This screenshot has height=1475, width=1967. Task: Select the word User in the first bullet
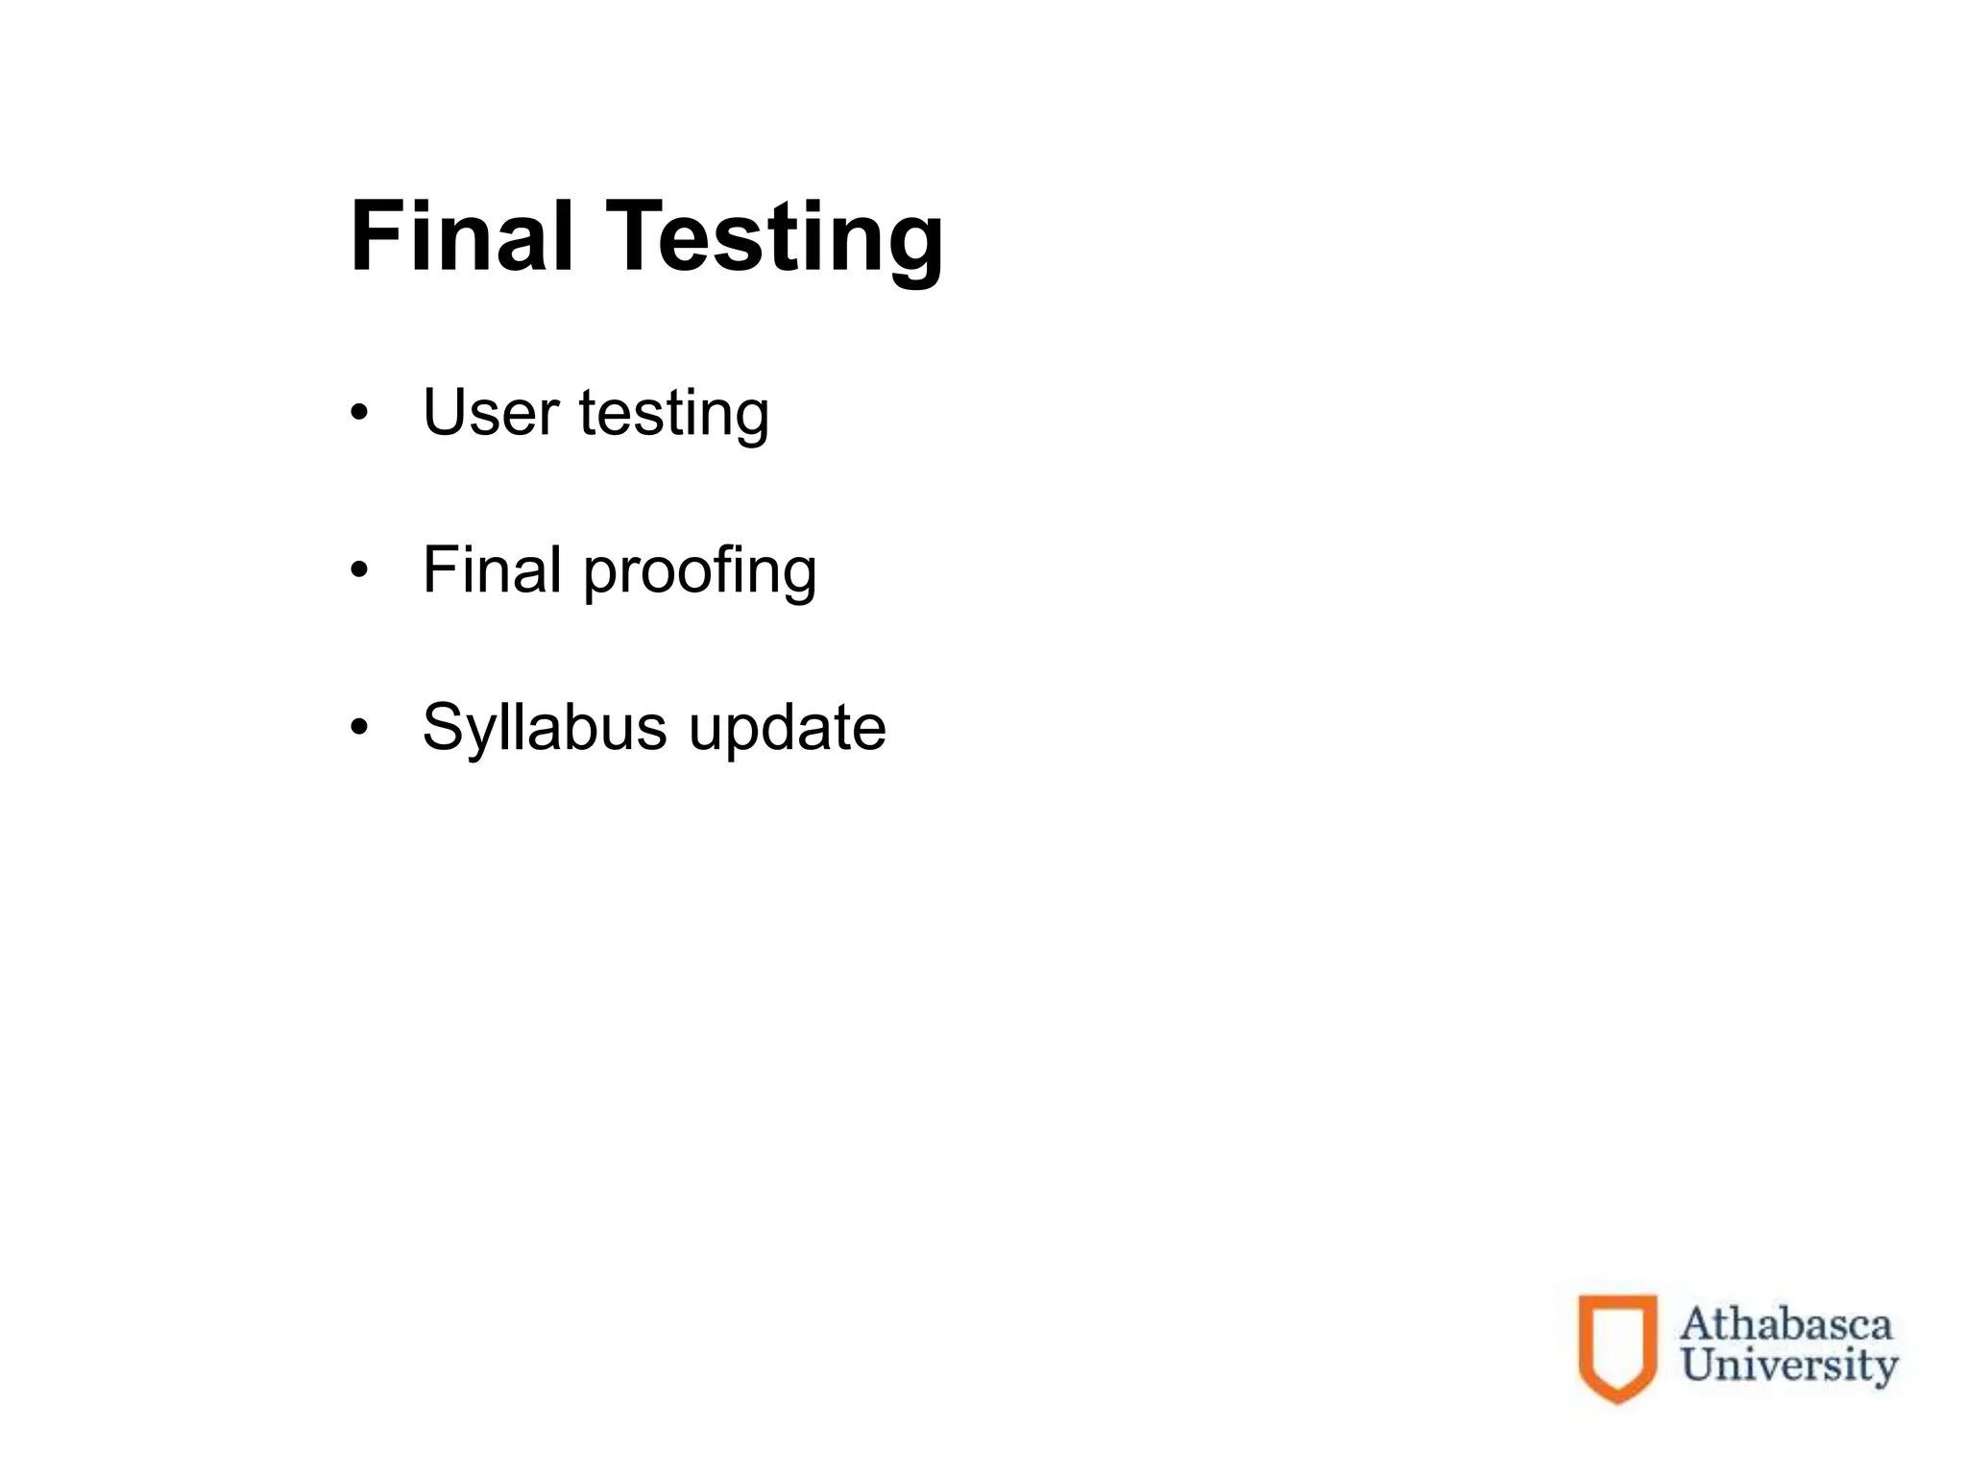tap(490, 413)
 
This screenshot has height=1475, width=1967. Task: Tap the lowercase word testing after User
tap(674, 415)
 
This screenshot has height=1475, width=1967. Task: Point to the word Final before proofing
tap(492, 569)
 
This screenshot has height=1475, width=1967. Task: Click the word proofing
tap(700, 573)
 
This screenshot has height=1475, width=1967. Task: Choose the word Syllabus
tap(545, 729)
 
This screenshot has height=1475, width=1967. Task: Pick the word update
tap(788, 729)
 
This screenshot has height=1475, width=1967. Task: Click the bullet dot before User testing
tap(359, 415)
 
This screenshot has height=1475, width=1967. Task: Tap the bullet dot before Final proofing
tap(359, 571)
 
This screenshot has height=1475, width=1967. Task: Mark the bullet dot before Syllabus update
tap(359, 728)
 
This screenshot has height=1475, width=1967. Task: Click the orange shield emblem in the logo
tap(1618, 1347)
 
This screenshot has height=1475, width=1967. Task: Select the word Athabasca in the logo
tap(1785, 1325)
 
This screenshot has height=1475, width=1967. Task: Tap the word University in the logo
tap(1789, 1366)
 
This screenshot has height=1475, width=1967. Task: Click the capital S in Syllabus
tap(444, 727)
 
